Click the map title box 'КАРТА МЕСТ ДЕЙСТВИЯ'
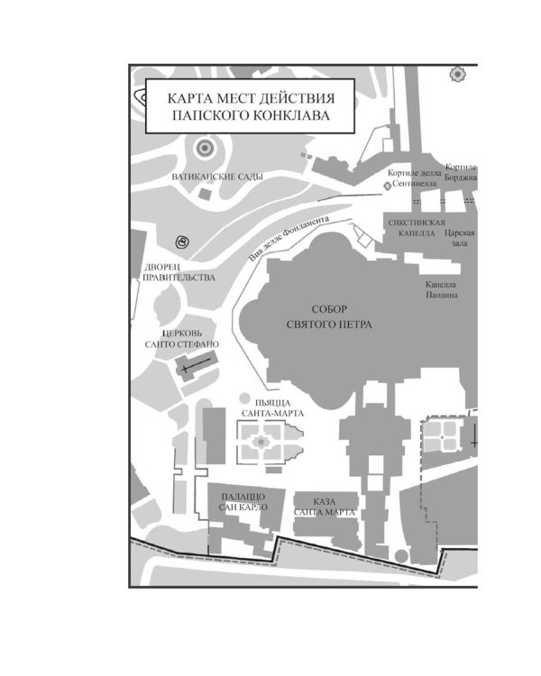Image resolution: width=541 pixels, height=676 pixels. click(250, 106)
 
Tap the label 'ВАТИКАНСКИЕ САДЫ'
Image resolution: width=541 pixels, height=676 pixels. click(217, 177)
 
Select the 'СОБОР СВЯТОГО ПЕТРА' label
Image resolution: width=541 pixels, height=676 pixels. click(329, 317)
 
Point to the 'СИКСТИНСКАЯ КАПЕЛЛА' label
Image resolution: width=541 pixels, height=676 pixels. click(417, 228)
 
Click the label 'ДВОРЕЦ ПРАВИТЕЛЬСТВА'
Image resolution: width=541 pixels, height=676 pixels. click(179, 272)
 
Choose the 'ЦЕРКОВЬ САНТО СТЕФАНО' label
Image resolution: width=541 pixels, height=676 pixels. click(181, 339)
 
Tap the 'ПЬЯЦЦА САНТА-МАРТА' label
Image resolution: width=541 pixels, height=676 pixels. click(272, 408)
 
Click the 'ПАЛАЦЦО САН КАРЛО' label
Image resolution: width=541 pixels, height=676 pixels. click(243, 502)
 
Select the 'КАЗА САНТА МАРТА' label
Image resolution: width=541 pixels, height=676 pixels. click(325, 507)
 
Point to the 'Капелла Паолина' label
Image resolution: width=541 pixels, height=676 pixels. click(441, 289)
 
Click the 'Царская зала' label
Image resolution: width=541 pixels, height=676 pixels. click(460, 238)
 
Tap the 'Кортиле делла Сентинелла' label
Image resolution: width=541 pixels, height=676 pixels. click(414, 178)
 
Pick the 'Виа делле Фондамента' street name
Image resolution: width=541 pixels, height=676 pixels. click(289, 239)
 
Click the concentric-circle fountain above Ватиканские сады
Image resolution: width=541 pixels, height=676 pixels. click(205, 149)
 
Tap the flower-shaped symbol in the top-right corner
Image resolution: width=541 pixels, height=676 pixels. click(457, 75)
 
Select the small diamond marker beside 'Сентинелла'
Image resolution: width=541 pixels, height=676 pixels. click(387, 185)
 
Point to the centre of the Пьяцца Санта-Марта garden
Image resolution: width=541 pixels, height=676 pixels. click(261, 442)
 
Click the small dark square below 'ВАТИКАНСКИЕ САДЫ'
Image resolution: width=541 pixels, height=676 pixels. click(206, 194)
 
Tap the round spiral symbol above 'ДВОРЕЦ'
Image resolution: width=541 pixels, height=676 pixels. click(182, 242)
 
